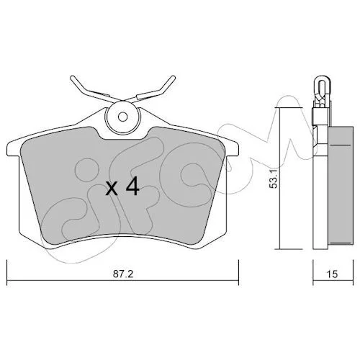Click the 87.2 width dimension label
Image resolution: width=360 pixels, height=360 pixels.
(x=123, y=274)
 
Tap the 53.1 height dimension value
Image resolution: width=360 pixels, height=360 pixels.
(x=274, y=178)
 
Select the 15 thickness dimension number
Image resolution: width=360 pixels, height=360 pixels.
(x=333, y=274)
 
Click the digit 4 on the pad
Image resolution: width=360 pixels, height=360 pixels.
(x=132, y=186)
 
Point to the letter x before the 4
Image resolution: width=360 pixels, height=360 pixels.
(x=112, y=188)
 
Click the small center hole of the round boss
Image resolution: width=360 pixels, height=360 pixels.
(x=123, y=117)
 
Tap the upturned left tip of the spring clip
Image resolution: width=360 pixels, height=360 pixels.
(x=72, y=78)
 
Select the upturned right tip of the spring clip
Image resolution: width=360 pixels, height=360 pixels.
(x=174, y=78)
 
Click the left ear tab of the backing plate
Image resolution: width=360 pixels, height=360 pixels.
(x=13, y=149)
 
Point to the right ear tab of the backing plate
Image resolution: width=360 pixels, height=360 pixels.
(x=232, y=149)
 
